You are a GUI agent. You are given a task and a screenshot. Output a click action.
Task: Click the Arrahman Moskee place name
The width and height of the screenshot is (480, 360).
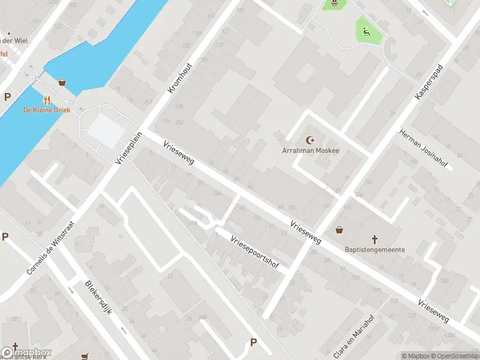[310, 150]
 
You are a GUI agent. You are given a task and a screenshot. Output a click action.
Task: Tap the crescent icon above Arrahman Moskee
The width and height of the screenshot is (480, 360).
[311, 140]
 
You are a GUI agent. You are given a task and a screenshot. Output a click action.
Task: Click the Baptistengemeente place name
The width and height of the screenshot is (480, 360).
[374, 250]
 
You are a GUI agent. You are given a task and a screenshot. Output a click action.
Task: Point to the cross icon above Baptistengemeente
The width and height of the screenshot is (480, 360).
[375, 238]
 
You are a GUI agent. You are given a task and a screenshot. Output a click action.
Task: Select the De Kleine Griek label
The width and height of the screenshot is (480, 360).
[47, 110]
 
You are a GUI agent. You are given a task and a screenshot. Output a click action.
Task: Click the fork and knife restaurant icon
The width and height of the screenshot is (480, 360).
[47, 100]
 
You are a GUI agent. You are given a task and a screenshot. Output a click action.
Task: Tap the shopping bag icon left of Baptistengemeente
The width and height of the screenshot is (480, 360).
[340, 230]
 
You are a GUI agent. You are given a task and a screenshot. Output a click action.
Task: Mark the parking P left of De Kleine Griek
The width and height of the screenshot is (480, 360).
[8, 97]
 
